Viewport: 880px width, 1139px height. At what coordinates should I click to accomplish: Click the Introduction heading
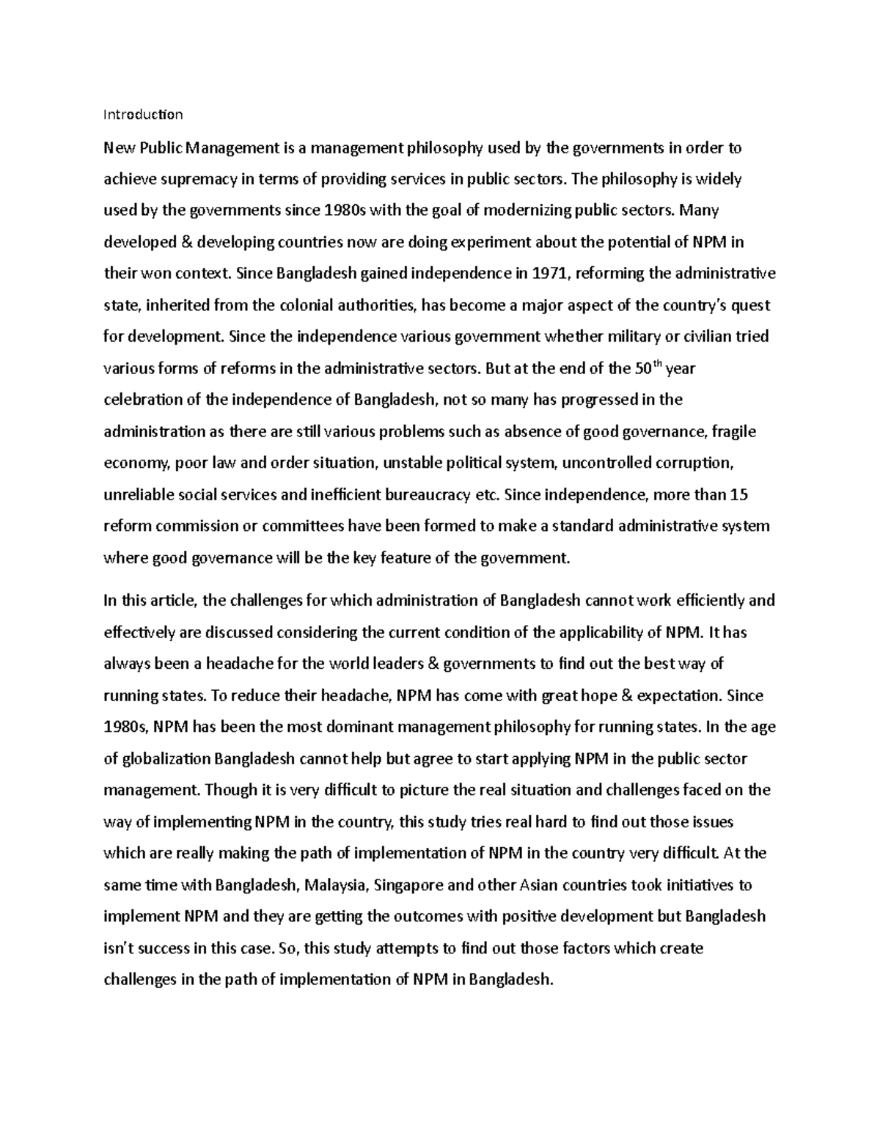pyautogui.click(x=143, y=114)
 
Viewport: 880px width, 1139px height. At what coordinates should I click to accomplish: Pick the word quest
pyautogui.click(x=751, y=306)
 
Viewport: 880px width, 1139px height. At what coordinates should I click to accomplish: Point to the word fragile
pyautogui.click(x=733, y=432)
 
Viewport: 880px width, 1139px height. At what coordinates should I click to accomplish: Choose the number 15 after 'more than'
pyautogui.click(x=739, y=495)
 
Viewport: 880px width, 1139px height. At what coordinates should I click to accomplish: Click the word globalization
pyautogui.click(x=166, y=759)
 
